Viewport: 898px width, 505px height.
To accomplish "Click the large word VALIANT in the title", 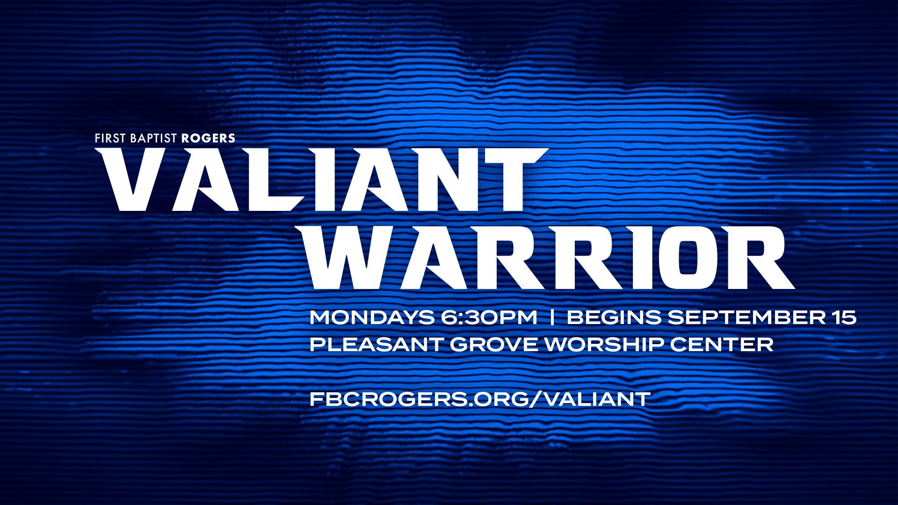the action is point(322,180).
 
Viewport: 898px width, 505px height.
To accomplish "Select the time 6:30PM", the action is point(489,317).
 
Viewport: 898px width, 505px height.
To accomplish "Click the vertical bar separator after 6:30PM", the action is point(552,317).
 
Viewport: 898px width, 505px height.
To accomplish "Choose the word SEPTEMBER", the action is point(743,317).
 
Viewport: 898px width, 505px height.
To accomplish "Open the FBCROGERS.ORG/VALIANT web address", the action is point(480,399).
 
